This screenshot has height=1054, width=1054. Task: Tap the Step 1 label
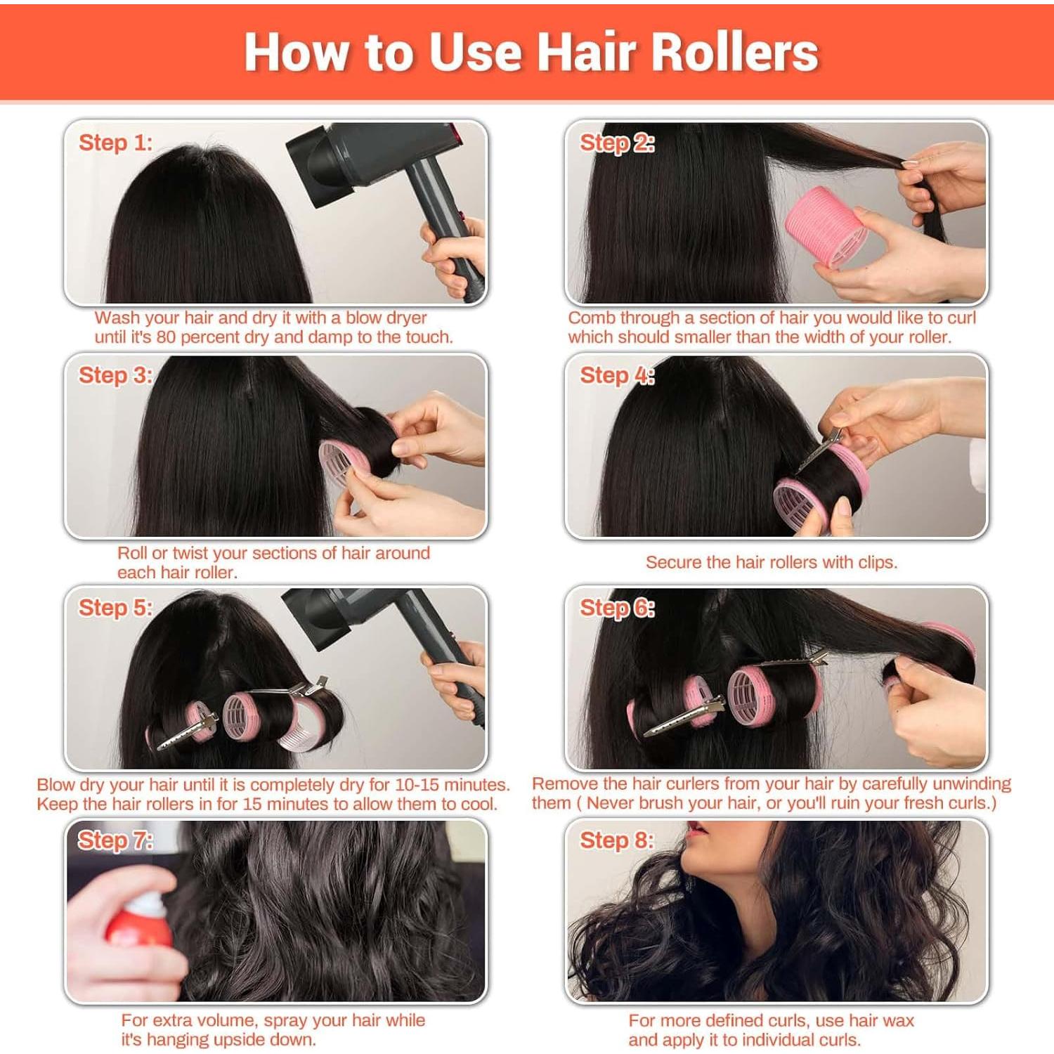click(115, 143)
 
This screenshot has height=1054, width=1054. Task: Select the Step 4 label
click(616, 375)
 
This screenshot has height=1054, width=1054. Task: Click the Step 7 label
click(115, 840)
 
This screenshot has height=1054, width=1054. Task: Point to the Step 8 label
click(616, 840)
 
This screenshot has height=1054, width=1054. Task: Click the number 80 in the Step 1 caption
click(166, 337)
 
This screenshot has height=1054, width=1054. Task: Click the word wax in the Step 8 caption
click(899, 1020)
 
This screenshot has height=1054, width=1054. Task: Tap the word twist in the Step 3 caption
click(191, 553)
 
